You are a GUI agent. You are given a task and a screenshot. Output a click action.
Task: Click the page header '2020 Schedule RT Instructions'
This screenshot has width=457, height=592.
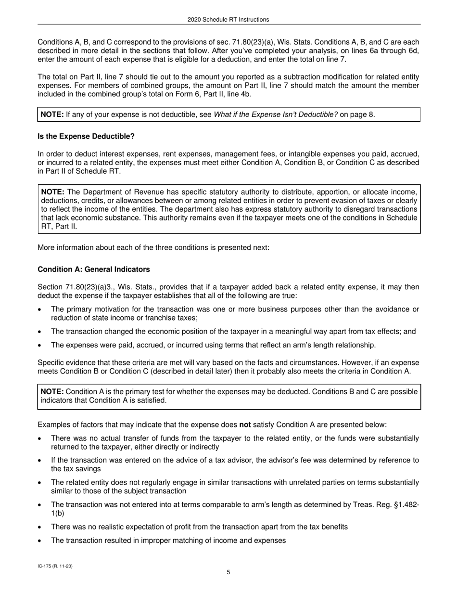[x=228, y=20]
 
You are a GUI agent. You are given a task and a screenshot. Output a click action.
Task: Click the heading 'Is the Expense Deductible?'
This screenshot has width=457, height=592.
[x=86, y=137]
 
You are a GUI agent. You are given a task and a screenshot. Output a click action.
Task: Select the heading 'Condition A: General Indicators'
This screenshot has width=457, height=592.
[x=94, y=270]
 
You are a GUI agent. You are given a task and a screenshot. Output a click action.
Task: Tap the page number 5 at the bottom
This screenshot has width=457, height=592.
[x=228, y=572]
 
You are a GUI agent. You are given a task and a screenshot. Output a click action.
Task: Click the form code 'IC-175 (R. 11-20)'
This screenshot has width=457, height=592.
[x=55, y=566]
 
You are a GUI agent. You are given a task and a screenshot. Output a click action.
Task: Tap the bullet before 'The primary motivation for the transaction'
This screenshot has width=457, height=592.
[x=40, y=309]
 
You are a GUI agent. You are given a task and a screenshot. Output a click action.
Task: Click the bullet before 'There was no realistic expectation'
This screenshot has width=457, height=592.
[x=40, y=527]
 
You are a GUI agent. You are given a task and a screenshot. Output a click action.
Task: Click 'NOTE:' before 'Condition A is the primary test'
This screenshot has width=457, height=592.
[x=52, y=392]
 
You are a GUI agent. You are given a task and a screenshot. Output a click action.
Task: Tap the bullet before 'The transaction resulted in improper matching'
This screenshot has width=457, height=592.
[x=40, y=541]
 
